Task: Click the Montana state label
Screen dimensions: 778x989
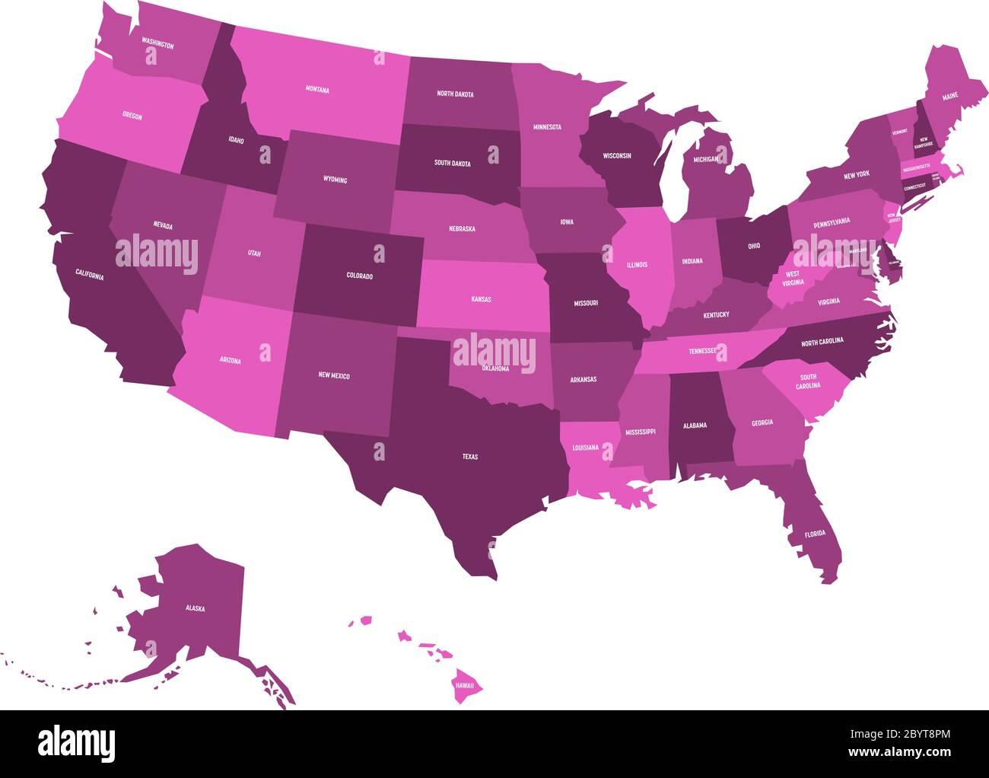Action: tap(317, 90)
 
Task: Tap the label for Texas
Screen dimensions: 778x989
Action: tap(470, 457)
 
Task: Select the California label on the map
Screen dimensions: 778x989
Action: tap(89, 275)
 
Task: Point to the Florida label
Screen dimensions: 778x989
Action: tap(815, 534)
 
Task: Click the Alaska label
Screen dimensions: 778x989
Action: tap(195, 608)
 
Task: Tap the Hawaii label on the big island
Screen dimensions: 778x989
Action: tap(465, 685)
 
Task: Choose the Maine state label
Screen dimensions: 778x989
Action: tap(950, 97)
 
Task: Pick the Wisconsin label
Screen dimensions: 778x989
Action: tap(617, 155)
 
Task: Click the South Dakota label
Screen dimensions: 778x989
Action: tap(452, 163)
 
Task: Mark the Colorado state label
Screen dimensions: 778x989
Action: tap(359, 276)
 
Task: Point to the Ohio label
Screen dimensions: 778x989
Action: tap(753, 246)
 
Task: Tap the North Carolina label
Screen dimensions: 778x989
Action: tap(822, 341)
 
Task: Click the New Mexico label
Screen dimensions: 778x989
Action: tap(334, 375)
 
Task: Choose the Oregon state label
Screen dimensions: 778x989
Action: tap(132, 116)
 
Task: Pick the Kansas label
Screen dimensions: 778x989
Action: tap(481, 299)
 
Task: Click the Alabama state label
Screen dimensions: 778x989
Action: tap(694, 426)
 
